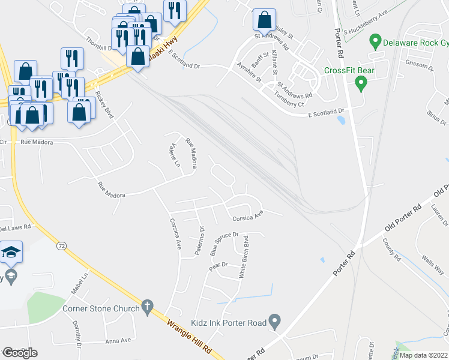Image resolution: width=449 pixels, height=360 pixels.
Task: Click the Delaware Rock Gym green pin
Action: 376,43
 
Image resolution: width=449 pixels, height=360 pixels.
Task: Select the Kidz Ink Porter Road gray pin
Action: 275,322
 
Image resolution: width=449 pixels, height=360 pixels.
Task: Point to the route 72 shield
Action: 61,246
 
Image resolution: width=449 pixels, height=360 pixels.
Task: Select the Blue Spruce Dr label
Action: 224,244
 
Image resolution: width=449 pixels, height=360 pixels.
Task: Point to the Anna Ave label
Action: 118,340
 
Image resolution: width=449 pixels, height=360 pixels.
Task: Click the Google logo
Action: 20,352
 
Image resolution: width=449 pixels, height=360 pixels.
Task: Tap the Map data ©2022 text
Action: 423,355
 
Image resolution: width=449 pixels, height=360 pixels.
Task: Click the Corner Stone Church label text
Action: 101,309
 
